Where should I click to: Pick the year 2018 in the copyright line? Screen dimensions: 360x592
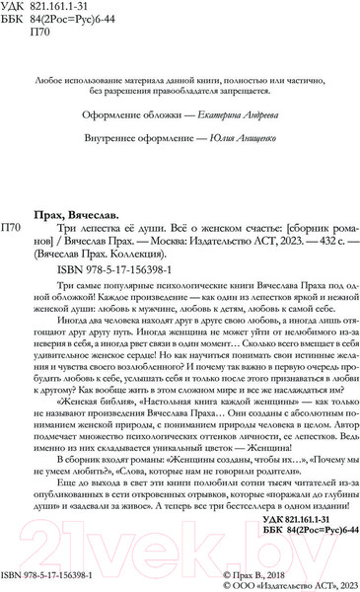click(336, 571)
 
